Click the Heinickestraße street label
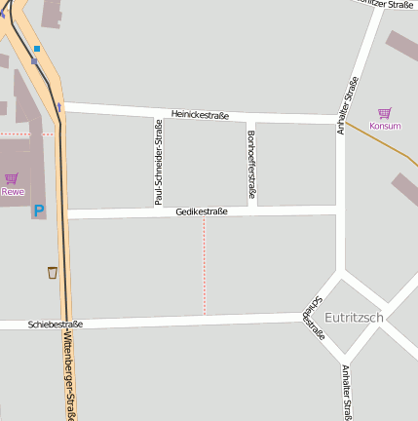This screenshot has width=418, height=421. click(200, 115)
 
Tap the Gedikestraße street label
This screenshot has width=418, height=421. click(202, 211)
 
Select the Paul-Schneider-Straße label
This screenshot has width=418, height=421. click(159, 162)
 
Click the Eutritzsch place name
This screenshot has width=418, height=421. click(354, 318)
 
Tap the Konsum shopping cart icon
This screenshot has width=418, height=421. click(384, 113)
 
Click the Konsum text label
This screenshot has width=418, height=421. click(385, 126)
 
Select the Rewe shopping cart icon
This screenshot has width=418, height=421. click(12, 178)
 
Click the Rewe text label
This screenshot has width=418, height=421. click(12, 191)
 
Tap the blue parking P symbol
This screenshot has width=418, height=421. click(39, 210)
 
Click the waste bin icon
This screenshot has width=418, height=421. click(52, 273)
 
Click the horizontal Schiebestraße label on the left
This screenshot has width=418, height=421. click(56, 324)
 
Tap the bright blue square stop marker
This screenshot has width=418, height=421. click(37, 48)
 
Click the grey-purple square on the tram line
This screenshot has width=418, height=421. click(34, 61)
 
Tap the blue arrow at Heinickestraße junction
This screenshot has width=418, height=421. click(59, 106)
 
